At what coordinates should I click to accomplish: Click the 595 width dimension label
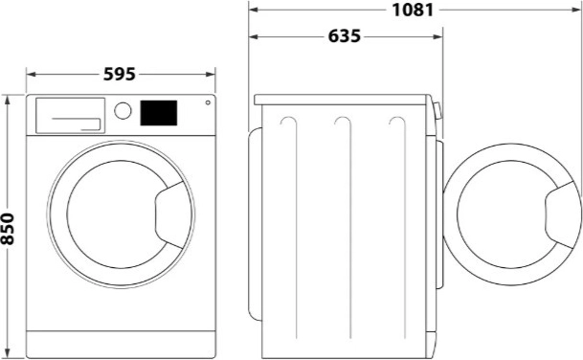coord(120,73)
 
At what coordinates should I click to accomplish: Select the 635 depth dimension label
coord(344,36)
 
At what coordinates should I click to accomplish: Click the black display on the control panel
coord(159,113)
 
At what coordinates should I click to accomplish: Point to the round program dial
coord(123,110)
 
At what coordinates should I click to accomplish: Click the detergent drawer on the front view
coord(69,115)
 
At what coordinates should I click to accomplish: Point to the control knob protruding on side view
coord(438,111)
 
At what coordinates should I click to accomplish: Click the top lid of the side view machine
coord(344,99)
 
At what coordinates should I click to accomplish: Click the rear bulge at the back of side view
coord(254,220)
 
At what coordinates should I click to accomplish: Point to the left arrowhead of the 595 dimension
coord(29,73)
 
